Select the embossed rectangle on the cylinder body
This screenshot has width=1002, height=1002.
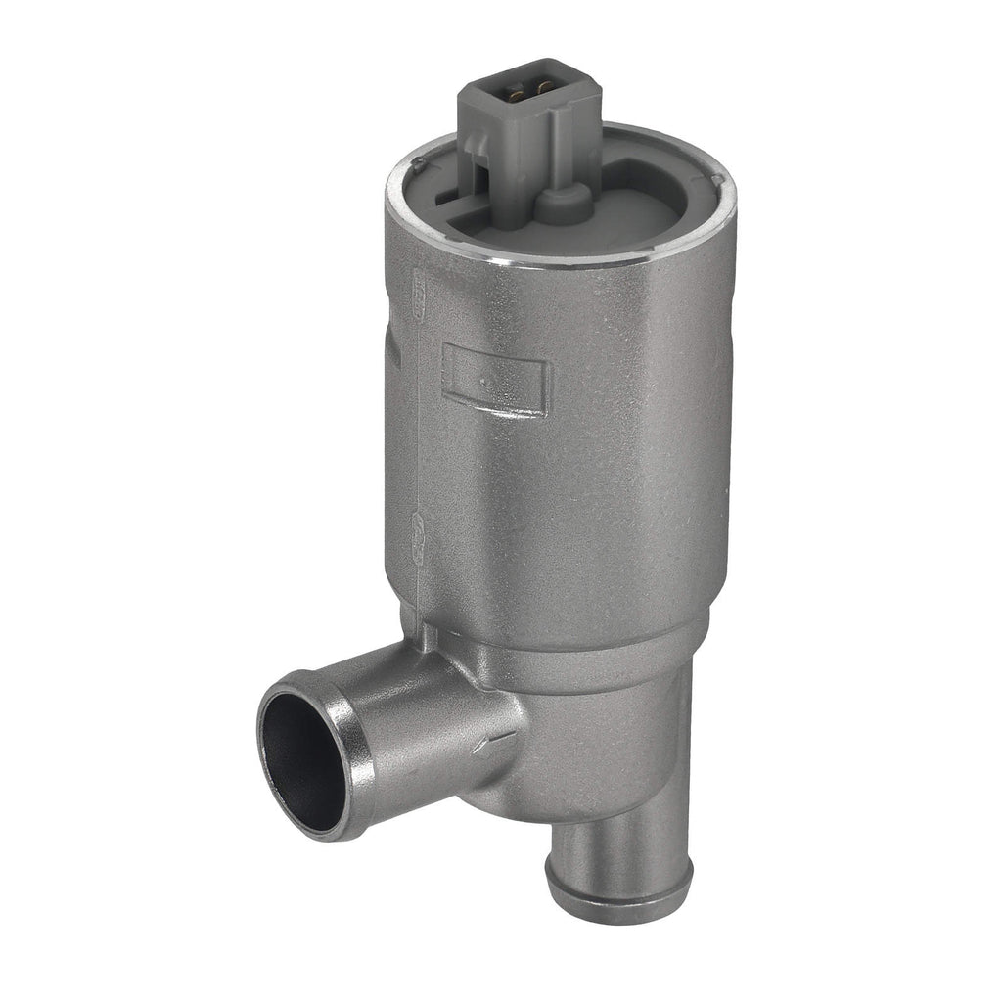pyautogui.click(x=495, y=379)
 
